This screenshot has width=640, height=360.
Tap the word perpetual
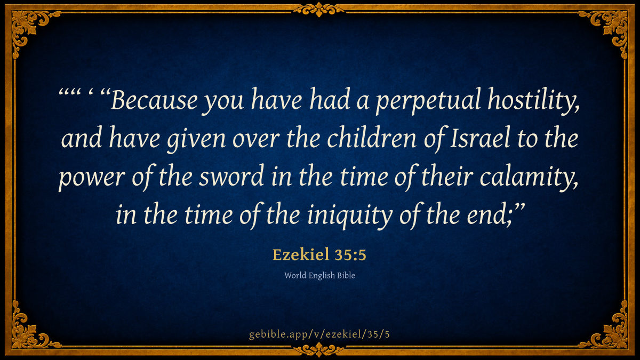[428, 101]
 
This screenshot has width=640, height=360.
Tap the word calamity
[529, 178]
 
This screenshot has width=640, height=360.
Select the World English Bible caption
[319, 275]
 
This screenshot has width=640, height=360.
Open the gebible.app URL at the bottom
[319, 334]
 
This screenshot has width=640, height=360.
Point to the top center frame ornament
[319, 9]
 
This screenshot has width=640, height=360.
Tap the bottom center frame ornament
[319, 350]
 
